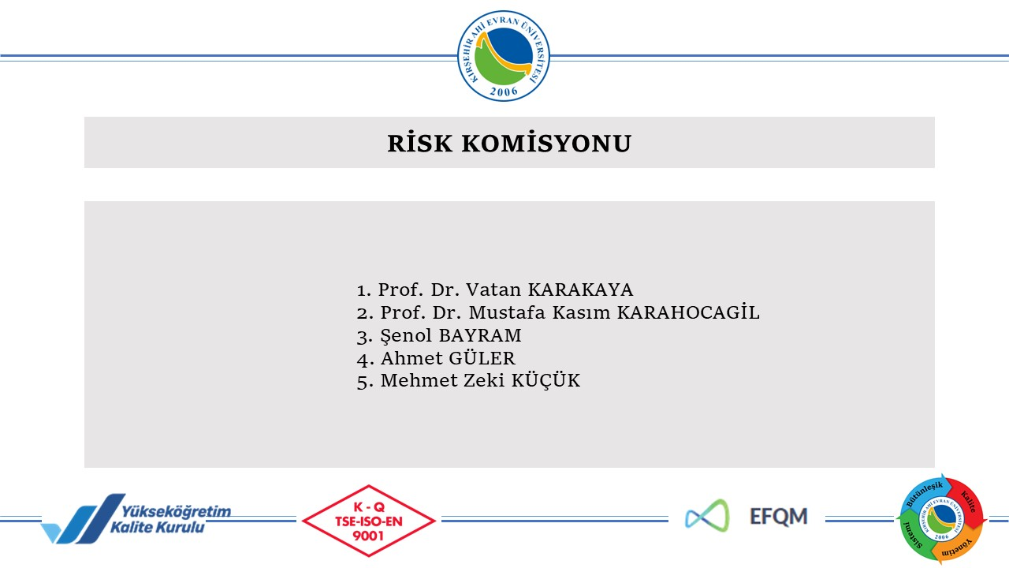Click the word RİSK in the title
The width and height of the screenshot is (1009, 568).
[420, 143]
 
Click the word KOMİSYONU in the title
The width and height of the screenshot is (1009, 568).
[546, 143]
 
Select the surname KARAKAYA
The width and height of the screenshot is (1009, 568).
[580, 290]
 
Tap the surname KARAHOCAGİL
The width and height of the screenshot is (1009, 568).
[688, 312]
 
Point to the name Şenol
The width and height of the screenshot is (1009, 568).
[406, 336]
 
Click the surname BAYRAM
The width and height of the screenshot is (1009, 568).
[480, 335]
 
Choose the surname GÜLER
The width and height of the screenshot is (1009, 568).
[482, 358]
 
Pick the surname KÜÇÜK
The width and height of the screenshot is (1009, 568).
[545, 380]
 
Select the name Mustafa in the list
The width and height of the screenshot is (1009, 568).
[507, 312]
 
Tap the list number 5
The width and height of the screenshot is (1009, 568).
[364, 381]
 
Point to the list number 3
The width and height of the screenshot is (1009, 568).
[364, 337]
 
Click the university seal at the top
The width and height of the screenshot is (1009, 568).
[504, 56]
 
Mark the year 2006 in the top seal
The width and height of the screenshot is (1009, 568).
[504, 92]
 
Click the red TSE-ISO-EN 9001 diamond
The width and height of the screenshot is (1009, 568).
[369, 521]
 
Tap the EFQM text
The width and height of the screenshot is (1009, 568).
[778, 517]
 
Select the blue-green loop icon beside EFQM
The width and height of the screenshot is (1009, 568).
[707, 516]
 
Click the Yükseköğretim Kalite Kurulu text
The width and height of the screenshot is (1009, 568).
[170, 519]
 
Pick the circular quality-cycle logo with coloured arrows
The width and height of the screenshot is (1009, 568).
[942, 518]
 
